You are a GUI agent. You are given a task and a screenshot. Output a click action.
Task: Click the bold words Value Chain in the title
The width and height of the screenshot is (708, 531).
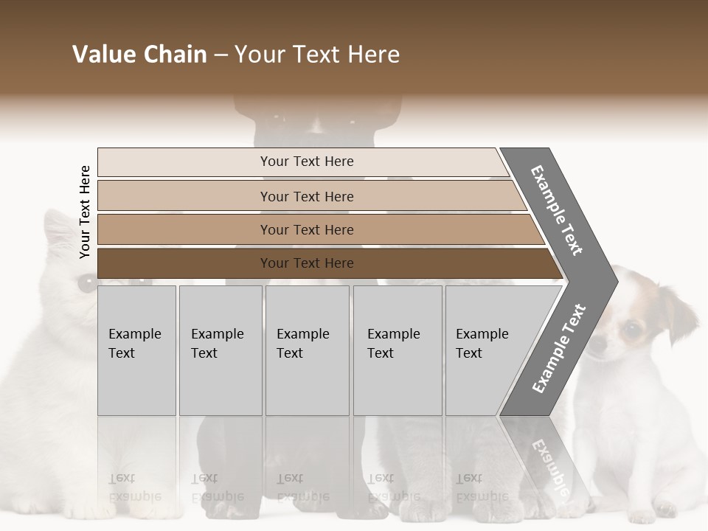[x=139, y=55]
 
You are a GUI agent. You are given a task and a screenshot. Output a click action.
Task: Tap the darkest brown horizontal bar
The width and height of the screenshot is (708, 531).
[x=307, y=263]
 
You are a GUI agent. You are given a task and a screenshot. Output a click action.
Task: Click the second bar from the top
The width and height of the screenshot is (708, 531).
[x=307, y=196]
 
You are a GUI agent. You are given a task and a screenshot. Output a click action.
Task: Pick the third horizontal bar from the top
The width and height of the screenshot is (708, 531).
[x=307, y=229]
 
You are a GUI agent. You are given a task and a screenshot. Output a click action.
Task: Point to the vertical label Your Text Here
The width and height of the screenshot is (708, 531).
[x=85, y=212]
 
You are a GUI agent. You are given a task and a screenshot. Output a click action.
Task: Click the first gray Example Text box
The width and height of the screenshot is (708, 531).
[x=136, y=350]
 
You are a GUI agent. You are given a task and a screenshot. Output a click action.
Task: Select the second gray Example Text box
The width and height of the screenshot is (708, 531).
[x=220, y=350]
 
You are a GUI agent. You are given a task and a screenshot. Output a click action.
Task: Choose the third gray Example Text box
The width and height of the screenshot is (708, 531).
[x=307, y=350]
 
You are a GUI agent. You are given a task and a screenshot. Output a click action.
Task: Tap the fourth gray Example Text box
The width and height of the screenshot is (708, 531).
[x=398, y=350]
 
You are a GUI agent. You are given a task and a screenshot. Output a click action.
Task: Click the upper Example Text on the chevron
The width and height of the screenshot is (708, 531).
[x=558, y=210]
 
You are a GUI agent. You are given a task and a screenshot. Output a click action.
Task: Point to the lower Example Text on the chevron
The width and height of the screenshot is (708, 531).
[x=559, y=348]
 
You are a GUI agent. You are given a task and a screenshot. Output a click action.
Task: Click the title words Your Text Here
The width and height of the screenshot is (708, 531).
[x=317, y=55]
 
